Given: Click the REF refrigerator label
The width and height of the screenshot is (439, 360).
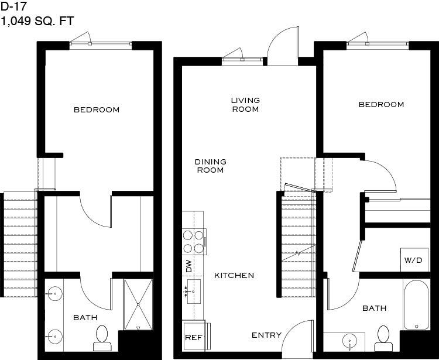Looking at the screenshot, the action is click(194, 337).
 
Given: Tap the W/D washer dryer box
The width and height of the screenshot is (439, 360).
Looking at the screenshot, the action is click(414, 260).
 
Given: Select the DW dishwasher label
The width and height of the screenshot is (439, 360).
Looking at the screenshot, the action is click(189, 266).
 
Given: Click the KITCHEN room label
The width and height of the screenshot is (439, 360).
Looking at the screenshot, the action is click(234, 276).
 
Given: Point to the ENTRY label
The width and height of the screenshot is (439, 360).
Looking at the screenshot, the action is click(266, 335).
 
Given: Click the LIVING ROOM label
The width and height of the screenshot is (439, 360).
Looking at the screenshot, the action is click(245, 105).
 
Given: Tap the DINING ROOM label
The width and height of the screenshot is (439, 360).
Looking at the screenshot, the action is click(211, 166).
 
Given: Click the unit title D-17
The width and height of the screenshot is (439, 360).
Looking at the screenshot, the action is click(13, 6).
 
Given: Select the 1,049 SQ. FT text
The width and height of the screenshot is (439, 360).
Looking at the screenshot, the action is click(37, 21).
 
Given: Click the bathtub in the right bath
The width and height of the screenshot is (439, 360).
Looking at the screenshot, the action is click(416, 305).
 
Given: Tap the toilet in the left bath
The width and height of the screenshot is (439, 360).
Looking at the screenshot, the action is click(102, 338).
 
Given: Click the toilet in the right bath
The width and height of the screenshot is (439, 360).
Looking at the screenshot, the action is click(383, 338).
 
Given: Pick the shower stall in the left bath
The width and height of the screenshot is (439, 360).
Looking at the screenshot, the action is click(138, 304).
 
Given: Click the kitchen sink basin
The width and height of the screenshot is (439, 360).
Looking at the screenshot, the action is click(194, 292).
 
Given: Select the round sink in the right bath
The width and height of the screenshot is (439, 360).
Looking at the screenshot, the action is click(349, 341).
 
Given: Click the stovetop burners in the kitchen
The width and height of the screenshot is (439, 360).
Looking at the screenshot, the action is click(194, 242).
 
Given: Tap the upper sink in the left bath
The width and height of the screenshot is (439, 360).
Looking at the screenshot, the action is click(54, 293).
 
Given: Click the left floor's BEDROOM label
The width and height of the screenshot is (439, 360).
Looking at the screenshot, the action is click(97, 109).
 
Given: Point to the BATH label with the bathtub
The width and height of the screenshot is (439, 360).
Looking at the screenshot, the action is click(375, 308).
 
